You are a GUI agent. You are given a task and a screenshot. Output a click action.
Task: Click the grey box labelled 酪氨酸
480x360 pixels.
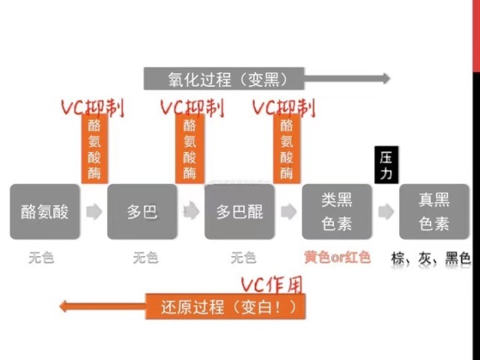click(x=44, y=212)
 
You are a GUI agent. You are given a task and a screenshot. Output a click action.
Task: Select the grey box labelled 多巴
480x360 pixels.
click(x=142, y=212)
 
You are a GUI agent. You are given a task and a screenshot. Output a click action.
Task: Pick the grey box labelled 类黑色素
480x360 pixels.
click(x=337, y=212)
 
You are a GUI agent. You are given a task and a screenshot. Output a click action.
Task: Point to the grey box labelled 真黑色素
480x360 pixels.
click(x=434, y=212)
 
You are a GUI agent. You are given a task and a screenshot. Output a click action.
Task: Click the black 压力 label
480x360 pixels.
click(x=386, y=165)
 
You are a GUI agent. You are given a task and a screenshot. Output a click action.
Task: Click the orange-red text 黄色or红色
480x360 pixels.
click(x=337, y=257)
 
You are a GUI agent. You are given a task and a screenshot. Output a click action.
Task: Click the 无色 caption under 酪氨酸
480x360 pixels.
click(x=42, y=258)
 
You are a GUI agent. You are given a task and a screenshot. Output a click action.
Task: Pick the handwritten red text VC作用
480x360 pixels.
click(x=271, y=284)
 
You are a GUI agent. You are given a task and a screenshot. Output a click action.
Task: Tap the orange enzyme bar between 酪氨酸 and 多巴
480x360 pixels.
click(x=95, y=149)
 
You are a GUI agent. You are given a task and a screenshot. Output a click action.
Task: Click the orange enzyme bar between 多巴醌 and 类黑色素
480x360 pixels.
click(x=287, y=149)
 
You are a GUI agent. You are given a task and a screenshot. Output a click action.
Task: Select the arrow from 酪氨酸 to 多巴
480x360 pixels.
click(x=94, y=212)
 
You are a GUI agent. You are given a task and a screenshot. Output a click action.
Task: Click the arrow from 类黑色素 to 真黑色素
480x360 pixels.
click(x=386, y=212)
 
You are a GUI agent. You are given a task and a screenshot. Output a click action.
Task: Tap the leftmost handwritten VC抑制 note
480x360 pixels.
click(x=91, y=108)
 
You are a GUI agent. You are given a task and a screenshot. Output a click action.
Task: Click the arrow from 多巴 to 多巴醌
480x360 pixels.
click(x=191, y=212)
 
